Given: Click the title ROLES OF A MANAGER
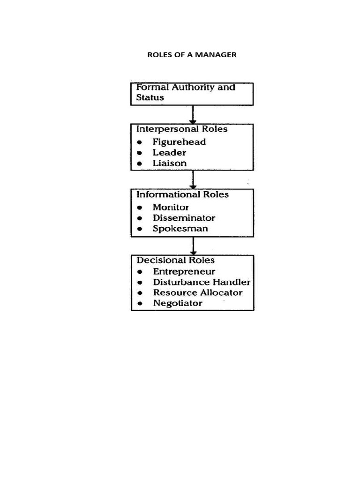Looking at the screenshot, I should click(x=192, y=55).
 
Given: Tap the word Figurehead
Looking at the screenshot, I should click(x=179, y=142).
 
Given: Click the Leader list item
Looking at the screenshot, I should click(x=169, y=152).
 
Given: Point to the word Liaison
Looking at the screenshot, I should click(x=169, y=163).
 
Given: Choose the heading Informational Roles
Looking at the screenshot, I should click(x=182, y=194).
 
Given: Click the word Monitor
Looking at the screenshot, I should click(x=171, y=207).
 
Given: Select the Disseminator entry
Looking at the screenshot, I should click(x=184, y=217).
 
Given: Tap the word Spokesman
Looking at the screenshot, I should click(x=180, y=229).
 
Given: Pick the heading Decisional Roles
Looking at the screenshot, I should click(x=175, y=260).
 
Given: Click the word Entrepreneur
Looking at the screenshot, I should click(x=184, y=271).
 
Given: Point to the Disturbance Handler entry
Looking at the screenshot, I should click(x=202, y=282).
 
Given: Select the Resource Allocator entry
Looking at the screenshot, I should click(x=197, y=292).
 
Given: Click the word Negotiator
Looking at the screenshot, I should click(x=178, y=303).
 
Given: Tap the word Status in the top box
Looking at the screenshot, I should click(x=150, y=97).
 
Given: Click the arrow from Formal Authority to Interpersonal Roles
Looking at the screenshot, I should click(x=193, y=114).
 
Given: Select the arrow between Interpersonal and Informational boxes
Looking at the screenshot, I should click(x=193, y=179).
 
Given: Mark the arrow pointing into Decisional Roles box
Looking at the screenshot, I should click(x=193, y=246).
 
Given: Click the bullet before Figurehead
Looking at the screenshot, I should click(x=140, y=142).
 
